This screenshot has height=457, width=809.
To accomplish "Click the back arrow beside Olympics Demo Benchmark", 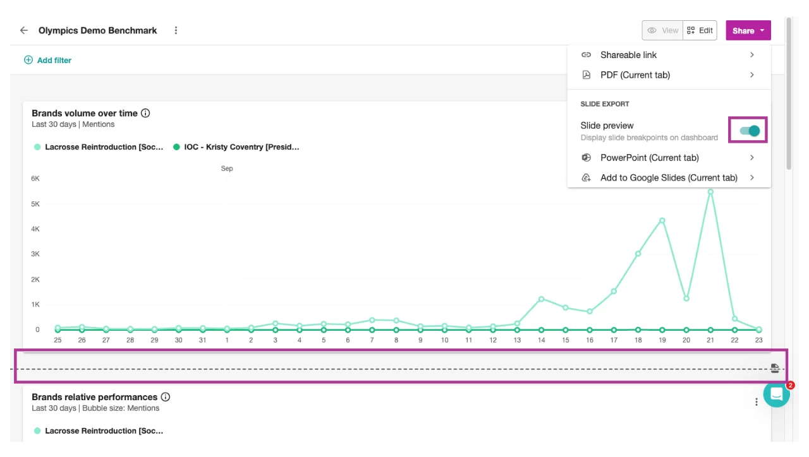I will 24,30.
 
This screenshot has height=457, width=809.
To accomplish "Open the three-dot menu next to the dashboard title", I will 176,30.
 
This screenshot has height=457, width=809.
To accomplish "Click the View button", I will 662,30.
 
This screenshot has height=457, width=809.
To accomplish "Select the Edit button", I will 700,30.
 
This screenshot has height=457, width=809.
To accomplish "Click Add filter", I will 48,61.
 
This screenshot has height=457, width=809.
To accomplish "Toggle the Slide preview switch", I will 749,131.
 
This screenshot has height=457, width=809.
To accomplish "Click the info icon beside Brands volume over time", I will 145,114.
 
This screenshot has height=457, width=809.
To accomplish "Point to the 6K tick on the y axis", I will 35,179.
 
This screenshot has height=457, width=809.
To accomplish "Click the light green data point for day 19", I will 662,221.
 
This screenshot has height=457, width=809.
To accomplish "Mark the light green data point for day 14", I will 541,299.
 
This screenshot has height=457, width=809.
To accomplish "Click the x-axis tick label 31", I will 202,340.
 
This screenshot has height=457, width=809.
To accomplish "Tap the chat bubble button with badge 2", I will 776,395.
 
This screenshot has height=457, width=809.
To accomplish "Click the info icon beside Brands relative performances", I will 166,398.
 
